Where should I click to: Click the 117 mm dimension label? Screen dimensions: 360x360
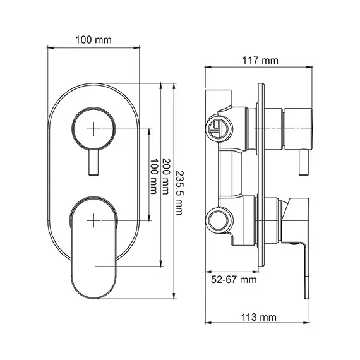click(260, 61)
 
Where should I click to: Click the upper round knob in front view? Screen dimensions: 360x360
click(93, 128)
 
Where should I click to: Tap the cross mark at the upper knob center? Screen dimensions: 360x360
click(93, 128)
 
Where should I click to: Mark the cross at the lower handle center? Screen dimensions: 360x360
click(93, 220)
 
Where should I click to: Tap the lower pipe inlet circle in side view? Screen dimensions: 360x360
click(218, 220)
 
